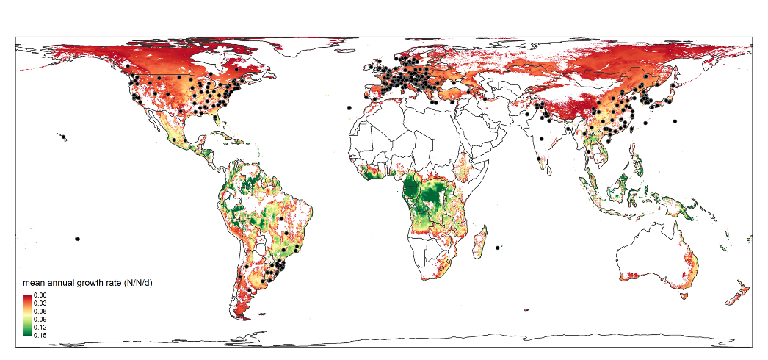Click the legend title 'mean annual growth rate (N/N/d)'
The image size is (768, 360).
point(87,283)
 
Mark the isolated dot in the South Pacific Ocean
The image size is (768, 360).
point(76,238)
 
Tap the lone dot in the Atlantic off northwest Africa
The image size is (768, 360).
point(349,108)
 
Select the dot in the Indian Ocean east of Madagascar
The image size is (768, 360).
point(499,248)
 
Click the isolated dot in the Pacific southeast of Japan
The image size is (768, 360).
point(675,120)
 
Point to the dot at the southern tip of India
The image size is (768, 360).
point(539,158)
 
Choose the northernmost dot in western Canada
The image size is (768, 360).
point(128,66)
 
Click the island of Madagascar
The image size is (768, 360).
point(481,242)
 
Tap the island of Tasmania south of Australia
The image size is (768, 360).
point(685,296)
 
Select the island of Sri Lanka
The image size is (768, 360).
point(547,167)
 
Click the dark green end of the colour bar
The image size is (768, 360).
point(27,334)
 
